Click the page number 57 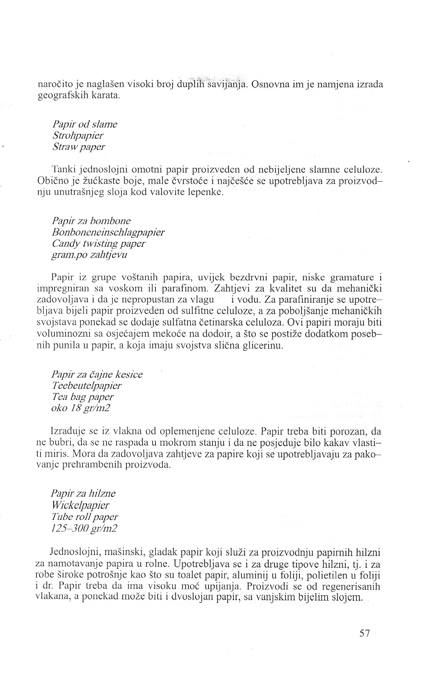tap(364, 633)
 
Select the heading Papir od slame tap(85, 124)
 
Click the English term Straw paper tap(79, 147)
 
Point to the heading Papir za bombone tap(91, 220)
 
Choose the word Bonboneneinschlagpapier tap(108, 232)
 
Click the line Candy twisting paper tap(99, 243)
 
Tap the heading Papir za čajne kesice tap(97, 374)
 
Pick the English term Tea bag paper tap(83, 397)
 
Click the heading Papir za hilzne tap(83, 493)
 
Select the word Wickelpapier tap(81, 505)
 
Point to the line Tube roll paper tap(85, 516)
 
